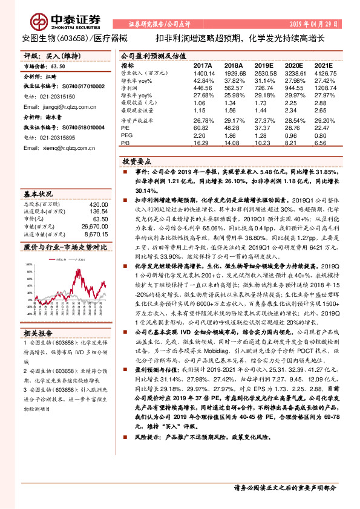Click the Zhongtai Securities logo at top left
coord(51,22)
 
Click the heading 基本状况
coord(37,193)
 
